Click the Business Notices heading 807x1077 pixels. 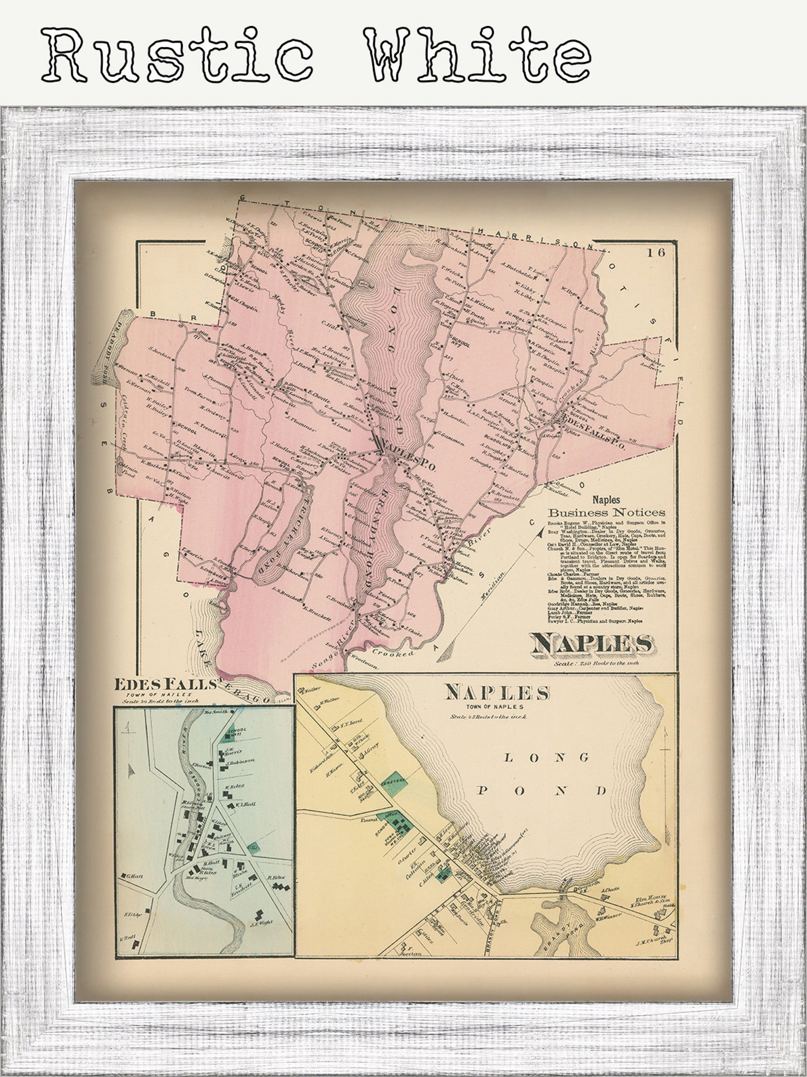pyautogui.click(x=605, y=512)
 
